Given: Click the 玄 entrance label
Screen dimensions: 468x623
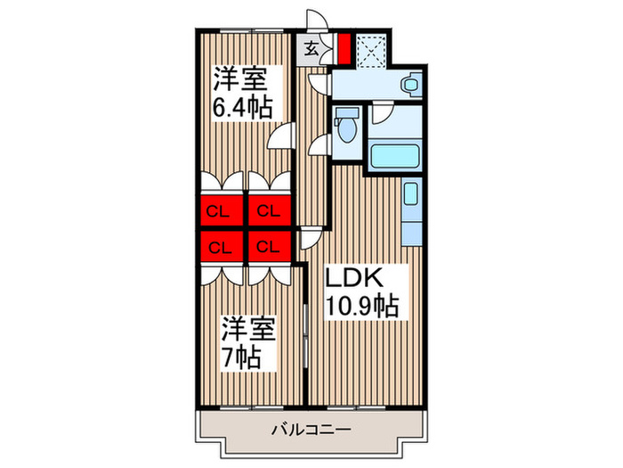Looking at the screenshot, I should (x=312, y=50).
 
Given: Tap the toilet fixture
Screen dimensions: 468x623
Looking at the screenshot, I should (x=348, y=126).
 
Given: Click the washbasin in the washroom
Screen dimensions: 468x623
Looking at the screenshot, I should (x=408, y=86).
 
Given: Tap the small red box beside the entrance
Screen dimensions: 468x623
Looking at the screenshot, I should (x=344, y=50).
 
